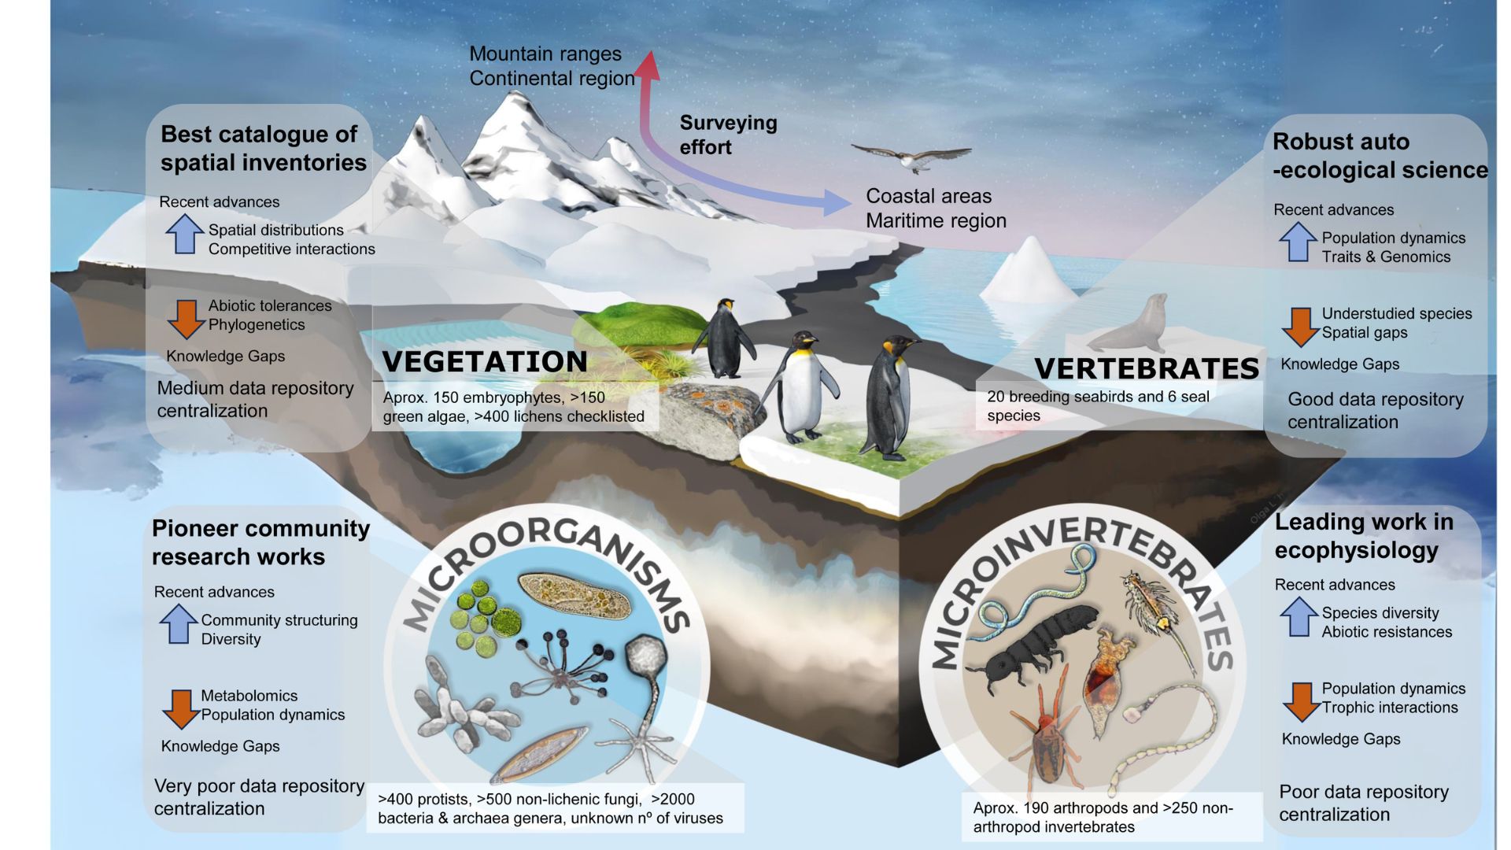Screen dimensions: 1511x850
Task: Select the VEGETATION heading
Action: pyautogui.click(x=485, y=361)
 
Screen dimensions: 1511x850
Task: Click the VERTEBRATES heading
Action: pyautogui.click(x=1147, y=368)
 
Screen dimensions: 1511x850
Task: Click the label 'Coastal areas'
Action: pyautogui.click(x=929, y=196)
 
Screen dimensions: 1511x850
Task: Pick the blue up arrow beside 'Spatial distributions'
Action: pyautogui.click(x=184, y=234)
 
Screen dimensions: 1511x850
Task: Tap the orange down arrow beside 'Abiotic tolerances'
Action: pyautogui.click(x=186, y=319)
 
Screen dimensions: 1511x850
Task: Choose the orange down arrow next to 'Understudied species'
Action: pyautogui.click(x=1300, y=327)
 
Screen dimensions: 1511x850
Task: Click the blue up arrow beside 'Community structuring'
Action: pyautogui.click(x=178, y=624)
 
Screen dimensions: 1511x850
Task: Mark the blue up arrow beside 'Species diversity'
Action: pyautogui.click(x=1299, y=617)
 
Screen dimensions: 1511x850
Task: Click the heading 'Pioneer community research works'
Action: pyautogui.click(x=260, y=542)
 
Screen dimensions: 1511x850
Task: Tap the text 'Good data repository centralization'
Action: pyautogui.click(x=1376, y=410)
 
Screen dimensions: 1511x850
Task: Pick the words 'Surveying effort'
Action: pyautogui.click(x=728, y=135)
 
